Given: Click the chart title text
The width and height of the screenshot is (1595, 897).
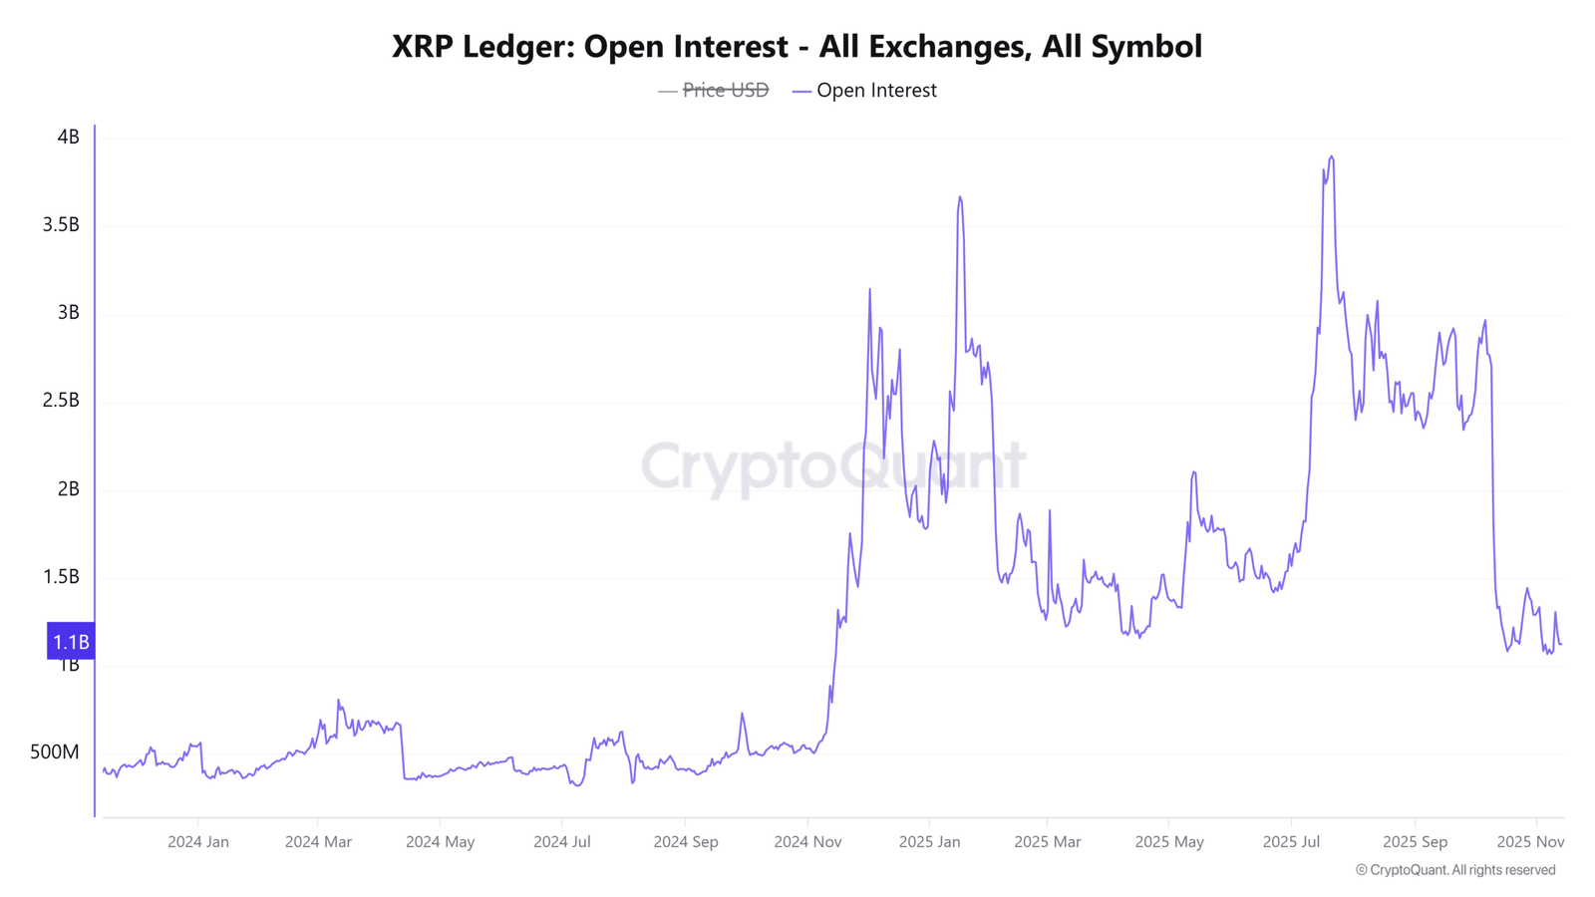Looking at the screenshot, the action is (797, 47).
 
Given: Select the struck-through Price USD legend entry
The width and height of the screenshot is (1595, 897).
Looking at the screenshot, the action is (714, 91).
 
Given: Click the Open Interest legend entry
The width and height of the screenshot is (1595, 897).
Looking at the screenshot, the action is (864, 91).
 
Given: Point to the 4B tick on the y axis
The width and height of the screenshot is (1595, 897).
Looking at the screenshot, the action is (69, 137).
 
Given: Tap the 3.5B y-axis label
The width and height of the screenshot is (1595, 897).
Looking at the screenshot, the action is (61, 225).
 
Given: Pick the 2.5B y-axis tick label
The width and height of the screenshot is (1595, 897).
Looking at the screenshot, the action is (61, 400).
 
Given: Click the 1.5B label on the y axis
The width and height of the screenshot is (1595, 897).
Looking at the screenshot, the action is (61, 577).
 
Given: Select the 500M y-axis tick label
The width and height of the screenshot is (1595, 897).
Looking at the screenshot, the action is (55, 752).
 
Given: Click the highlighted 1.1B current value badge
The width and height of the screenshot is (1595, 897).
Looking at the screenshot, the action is (71, 641).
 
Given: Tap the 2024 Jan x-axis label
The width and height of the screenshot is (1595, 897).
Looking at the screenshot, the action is (198, 842).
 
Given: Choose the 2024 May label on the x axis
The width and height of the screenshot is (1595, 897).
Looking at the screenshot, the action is (440, 842).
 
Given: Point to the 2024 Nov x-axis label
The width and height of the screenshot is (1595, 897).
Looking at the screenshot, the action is (807, 842).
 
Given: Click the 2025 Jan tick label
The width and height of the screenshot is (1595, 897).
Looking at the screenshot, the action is (929, 842).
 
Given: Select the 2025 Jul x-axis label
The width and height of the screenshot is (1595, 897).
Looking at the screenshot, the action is (1291, 842).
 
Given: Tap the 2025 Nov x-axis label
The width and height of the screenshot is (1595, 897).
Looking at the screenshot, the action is (1530, 842).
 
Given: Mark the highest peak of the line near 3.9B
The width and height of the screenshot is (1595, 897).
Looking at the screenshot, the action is (1331, 156).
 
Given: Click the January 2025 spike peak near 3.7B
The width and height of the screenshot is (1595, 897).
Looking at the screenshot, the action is (960, 197).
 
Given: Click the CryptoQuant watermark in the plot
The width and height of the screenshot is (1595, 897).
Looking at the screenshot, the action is (833, 466).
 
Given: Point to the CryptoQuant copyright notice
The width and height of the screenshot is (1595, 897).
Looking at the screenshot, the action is (1454, 870).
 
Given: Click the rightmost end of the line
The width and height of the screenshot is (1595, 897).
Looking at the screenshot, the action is (1561, 644).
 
